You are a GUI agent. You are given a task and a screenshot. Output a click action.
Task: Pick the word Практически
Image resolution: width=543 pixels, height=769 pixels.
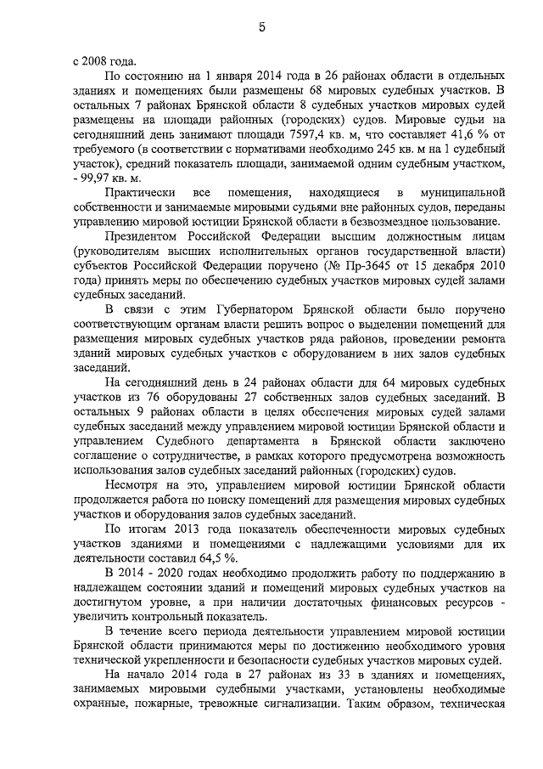point(141,195)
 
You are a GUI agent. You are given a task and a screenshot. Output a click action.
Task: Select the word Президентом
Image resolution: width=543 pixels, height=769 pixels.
point(143,239)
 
